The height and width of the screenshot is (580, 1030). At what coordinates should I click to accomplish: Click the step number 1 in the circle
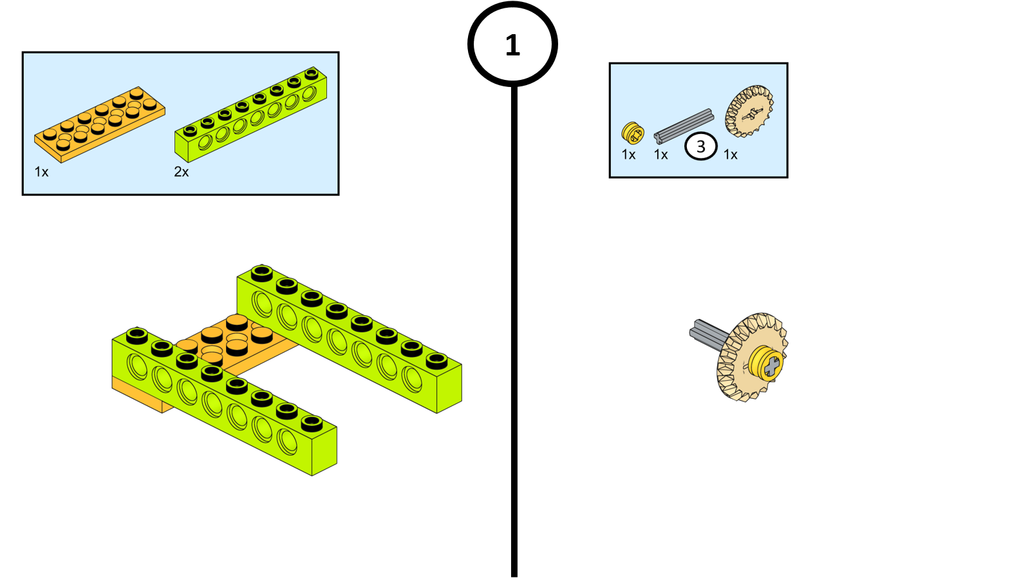coord(512,45)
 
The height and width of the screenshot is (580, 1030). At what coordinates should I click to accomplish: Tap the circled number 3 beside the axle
coord(700,146)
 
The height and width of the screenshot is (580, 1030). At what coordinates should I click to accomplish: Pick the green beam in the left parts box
coord(251,114)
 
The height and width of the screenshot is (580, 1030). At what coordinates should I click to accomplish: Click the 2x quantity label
coord(182,172)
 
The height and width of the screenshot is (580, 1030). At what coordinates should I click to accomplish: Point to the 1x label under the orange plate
coord(42,172)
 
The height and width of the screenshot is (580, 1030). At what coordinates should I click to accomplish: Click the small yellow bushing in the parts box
coord(632,133)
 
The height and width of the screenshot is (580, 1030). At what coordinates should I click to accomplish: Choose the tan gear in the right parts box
coord(749,111)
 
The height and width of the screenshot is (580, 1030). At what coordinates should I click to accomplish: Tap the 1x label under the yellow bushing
coord(628,155)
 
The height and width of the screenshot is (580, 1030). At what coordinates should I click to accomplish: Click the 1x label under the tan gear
coord(731,155)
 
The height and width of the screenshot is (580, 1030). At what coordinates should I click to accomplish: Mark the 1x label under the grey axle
coord(661,155)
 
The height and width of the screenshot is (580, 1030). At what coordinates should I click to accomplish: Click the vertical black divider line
coord(514,322)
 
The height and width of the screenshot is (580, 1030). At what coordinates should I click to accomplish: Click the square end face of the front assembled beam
coord(324,451)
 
